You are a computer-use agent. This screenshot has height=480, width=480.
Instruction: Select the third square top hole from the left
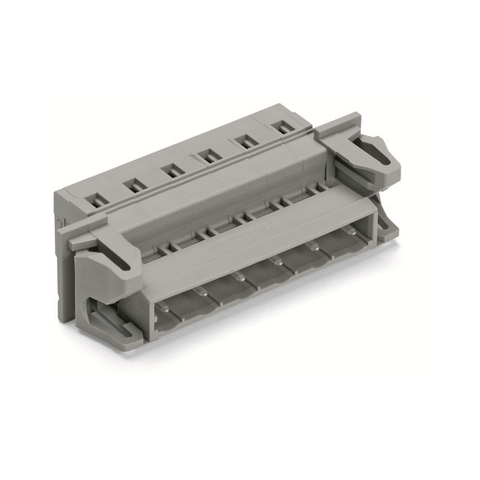click(x=172, y=170)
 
